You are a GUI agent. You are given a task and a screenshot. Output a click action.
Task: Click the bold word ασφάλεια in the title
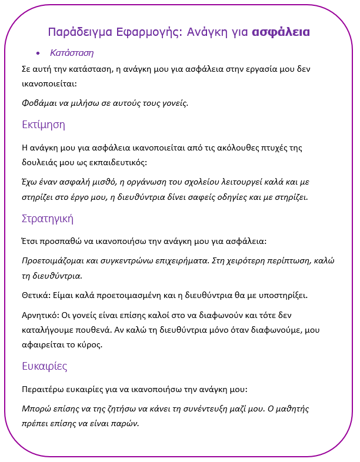pyautogui.click(x=281, y=32)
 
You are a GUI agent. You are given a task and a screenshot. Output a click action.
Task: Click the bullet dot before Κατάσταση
pyautogui.click(x=38, y=53)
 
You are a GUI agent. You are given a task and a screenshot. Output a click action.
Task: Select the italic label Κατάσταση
pyautogui.click(x=72, y=53)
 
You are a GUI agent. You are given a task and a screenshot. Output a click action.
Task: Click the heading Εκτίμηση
pyautogui.click(x=43, y=125)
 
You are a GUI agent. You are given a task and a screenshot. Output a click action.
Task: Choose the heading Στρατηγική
pyautogui.click(x=47, y=219)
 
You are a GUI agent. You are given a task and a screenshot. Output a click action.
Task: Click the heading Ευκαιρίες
pyautogui.click(x=44, y=366)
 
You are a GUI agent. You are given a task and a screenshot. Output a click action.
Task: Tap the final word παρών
pyautogui.click(x=127, y=423)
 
